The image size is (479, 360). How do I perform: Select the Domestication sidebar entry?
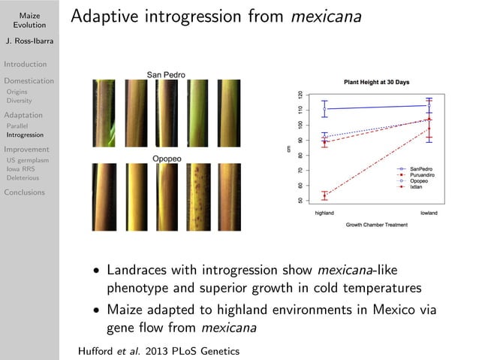[x=29, y=80]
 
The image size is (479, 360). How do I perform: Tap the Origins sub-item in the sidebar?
[x=18, y=92]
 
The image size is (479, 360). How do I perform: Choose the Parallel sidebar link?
[x=18, y=126]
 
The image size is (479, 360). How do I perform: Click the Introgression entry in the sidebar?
[x=26, y=135]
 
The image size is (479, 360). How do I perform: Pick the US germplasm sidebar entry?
[x=27, y=160]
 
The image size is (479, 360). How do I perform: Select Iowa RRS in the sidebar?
[x=22, y=170]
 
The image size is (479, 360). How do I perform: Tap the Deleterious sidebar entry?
[x=23, y=180]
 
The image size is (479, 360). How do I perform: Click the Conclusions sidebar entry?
[x=24, y=192]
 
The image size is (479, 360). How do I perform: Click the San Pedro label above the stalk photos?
[x=165, y=75]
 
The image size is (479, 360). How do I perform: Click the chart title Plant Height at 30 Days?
[x=375, y=82]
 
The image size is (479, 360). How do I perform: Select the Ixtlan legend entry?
[x=418, y=187]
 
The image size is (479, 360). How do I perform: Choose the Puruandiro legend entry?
[x=423, y=175]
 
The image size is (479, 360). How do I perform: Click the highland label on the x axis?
[x=324, y=213]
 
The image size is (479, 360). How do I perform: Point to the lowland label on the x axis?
[x=429, y=213]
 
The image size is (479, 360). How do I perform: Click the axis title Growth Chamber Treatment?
[x=377, y=224]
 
